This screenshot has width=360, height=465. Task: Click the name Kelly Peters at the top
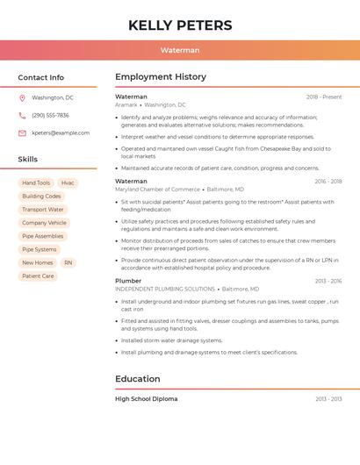[x=180, y=25]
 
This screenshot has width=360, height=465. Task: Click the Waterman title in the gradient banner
[x=180, y=50]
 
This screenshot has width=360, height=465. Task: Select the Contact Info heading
[x=41, y=77]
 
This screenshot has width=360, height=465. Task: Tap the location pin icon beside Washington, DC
[x=22, y=97]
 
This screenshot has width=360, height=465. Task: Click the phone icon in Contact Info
[x=22, y=115]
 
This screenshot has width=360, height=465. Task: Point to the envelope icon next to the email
[x=22, y=133]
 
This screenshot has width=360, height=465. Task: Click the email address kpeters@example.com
[x=61, y=133]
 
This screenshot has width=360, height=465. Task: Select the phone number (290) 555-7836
[x=50, y=115]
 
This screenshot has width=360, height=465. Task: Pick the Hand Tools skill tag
[x=36, y=182]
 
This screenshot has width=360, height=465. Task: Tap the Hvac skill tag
[x=68, y=182]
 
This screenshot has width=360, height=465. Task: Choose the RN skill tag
[x=68, y=262]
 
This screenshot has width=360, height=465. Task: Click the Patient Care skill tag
[x=38, y=275]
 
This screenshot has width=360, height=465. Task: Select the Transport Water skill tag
[x=43, y=210]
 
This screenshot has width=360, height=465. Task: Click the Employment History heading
[x=160, y=77]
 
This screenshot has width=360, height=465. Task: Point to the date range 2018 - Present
[x=324, y=97]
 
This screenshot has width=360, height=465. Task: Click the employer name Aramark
[x=126, y=104]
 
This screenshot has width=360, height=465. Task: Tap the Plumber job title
[x=128, y=281]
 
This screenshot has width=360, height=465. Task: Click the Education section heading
[x=137, y=379]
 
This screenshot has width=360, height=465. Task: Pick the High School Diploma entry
[x=146, y=398]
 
